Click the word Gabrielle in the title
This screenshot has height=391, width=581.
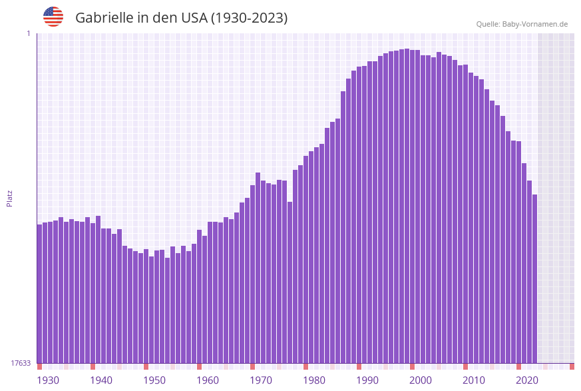[x=104, y=18]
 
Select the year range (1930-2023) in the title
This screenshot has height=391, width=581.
[x=249, y=18]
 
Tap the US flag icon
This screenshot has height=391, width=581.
[x=53, y=17]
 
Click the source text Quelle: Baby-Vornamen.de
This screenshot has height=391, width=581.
[x=522, y=24]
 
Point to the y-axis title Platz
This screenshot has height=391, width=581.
[x=10, y=198]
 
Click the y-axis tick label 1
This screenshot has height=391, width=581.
[x=29, y=33]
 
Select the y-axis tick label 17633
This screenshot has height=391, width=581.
[x=21, y=363]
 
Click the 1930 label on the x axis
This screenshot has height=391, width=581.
[x=48, y=380]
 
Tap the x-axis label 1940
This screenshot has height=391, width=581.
[x=101, y=380]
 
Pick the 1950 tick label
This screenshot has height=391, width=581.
[x=154, y=380]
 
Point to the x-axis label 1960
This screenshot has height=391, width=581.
[x=208, y=380]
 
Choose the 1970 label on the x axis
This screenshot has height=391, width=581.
[x=261, y=380]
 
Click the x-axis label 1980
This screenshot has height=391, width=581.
[x=314, y=380]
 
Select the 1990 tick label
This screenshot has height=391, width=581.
[x=367, y=380]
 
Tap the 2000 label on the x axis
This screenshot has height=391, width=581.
[x=421, y=380]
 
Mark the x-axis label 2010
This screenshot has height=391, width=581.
[x=474, y=380]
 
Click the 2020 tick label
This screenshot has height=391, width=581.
[x=527, y=380]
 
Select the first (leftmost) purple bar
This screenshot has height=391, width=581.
[x=39, y=293]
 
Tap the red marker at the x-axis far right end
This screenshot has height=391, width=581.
[x=572, y=366]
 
